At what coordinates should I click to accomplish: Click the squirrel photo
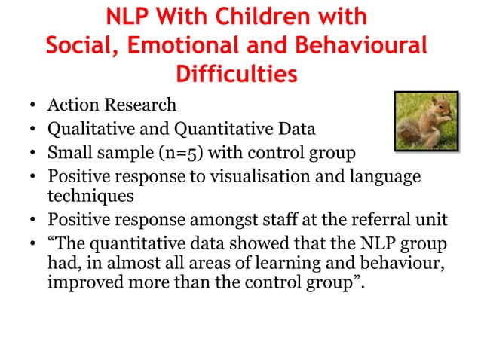tap(427, 121)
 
